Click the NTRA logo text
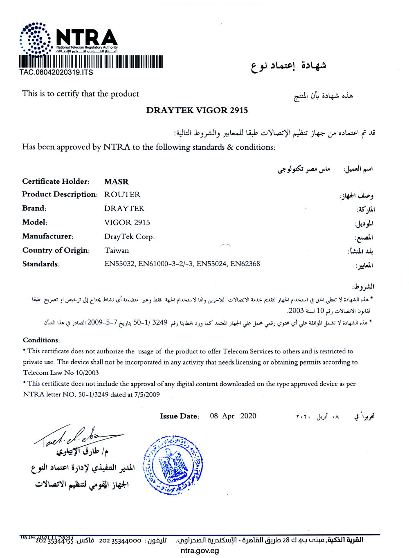pyautogui.click(x=87, y=38)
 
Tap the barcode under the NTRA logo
pyautogui.click(x=91, y=62)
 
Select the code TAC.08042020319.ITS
pyautogui.click(x=56, y=72)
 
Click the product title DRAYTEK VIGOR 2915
pyautogui.click(x=197, y=110)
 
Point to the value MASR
pyautogui.click(x=116, y=182)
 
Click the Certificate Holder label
pyautogui.click(x=56, y=181)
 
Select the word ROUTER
pyautogui.click(x=122, y=195)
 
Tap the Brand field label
pyautogui.click(x=34, y=208)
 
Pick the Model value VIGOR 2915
pyautogui.click(x=127, y=223)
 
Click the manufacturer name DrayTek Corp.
pyautogui.click(x=129, y=236)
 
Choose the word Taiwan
pyautogui.click(x=117, y=250)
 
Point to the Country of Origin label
pyautogui.click(x=56, y=250)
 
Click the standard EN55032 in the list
pyautogui.click(x=119, y=264)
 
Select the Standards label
pyautogui.click(x=41, y=264)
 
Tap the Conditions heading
pyautogui.click(x=41, y=340)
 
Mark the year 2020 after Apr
pyautogui.click(x=248, y=416)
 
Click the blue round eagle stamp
pyautogui.click(x=173, y=465)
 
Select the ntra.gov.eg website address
pyautogui.click(x=200, y=550)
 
